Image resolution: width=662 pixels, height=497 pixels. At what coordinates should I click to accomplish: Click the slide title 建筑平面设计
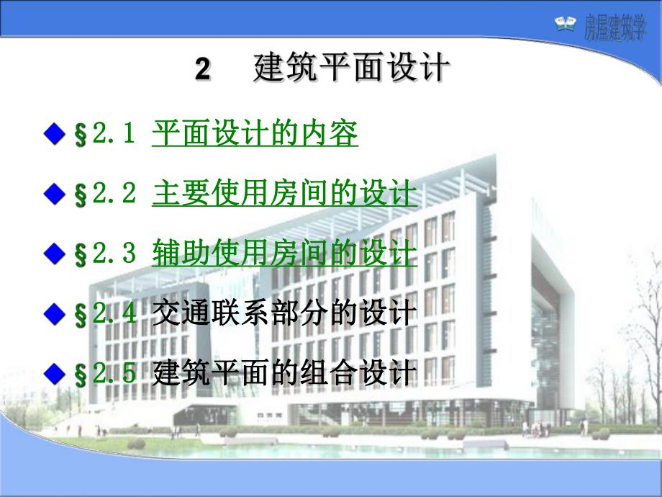click(352, 69)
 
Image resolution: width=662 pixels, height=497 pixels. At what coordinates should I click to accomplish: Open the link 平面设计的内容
click(255, 134)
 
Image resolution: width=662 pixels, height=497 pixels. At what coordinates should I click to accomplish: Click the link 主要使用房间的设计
click(284, 194)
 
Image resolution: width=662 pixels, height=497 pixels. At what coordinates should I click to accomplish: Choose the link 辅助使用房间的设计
click(284, 254)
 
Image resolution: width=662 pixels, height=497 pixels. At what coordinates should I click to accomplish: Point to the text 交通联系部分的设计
click(284, 313)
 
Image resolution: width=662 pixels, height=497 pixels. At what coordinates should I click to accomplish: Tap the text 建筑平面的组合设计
click(284, 372)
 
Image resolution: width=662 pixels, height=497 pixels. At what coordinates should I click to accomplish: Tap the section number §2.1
click(105, 135)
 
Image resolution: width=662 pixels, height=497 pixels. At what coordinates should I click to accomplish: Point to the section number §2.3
click(105, 254)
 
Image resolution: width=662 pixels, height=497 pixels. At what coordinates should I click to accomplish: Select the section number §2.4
click(105, 314)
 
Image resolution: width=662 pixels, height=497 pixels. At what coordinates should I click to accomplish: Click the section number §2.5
click(105, 373)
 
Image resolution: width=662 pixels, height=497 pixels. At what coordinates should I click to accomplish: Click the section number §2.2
click(105, 194)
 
